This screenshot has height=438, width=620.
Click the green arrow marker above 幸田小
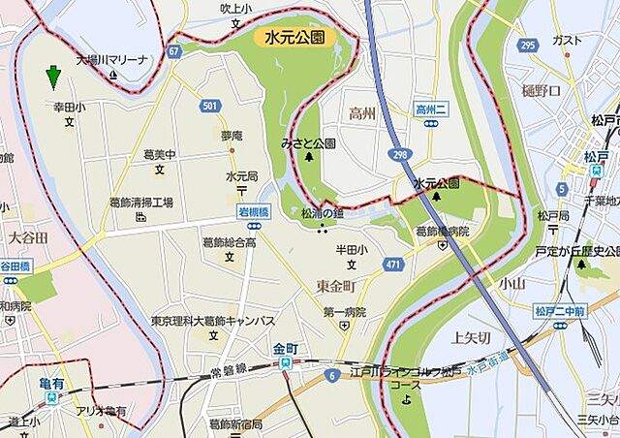(53, 76)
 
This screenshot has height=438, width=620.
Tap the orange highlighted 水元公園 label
(294, 38)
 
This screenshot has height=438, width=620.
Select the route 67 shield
(173, 50)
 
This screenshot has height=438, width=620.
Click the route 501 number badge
(210, 106)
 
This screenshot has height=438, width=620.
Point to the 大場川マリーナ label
(113, 59)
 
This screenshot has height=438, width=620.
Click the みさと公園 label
(308, 142)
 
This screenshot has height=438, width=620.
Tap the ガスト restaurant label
(565, 40)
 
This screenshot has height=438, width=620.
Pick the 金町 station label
(286, 348)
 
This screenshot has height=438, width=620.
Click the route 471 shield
(390, 263)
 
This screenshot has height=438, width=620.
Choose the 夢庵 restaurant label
(232, 136)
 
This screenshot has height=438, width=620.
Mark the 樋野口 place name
(541, 90)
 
